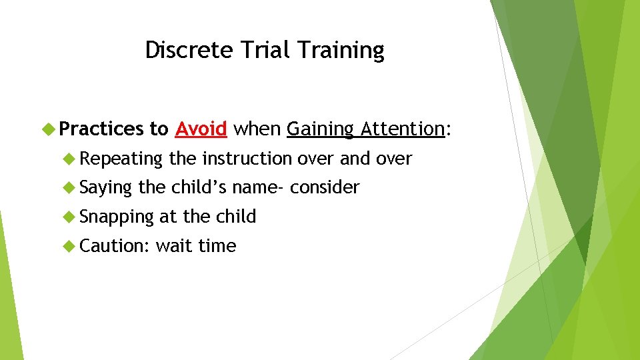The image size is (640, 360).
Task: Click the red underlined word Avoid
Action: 201,129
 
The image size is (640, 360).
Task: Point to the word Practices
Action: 101,129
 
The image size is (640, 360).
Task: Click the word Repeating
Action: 121,159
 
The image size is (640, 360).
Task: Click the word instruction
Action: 247,159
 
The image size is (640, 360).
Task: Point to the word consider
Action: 325,187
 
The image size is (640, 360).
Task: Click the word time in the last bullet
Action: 217,246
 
